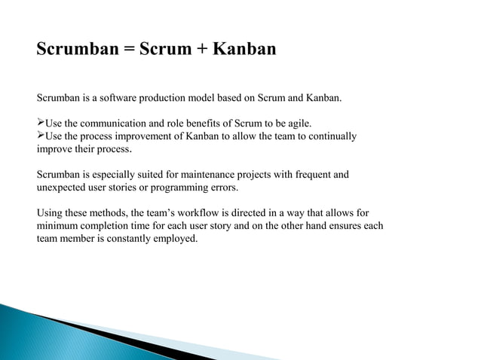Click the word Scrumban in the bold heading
click(73, 50)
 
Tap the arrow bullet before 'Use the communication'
click(41, 123)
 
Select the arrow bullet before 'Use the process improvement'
click(41, 136)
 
